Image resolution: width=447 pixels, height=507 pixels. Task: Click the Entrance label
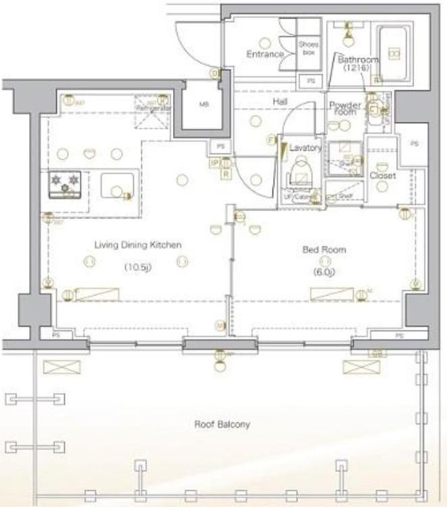(264, 54)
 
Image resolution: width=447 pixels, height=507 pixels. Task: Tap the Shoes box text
(308, 47)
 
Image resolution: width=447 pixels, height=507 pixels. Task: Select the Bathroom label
(358, 59)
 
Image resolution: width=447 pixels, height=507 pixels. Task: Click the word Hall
(281, 101)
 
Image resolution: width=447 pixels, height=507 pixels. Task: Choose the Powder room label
(344, 108)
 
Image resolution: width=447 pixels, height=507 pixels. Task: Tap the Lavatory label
(304, 147)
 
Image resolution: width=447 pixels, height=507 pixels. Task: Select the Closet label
(382, 176)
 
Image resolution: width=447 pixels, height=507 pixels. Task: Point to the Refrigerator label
(154, 108)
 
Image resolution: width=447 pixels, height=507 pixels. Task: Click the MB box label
(204, 105)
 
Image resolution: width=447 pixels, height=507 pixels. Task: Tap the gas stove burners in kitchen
(65, 183)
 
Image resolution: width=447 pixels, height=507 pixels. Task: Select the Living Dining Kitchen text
(138, 245)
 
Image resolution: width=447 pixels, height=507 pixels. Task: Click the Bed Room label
(324, 249)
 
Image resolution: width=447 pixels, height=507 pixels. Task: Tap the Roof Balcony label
(222, 425)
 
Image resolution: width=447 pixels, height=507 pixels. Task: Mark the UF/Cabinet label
(298, 197)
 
